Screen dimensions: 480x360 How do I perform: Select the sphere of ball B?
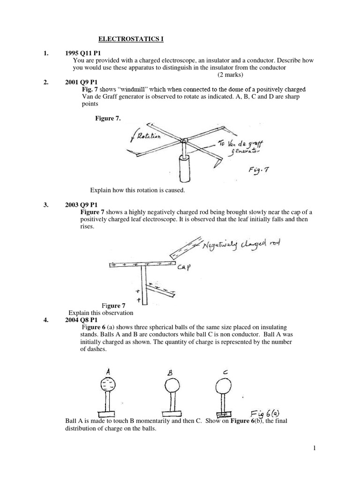click(x=171, y=387)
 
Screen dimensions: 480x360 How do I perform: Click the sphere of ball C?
click(x=224, y=386)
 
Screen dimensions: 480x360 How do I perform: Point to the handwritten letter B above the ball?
click(x=171, y=373)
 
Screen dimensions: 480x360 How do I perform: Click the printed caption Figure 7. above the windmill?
click(x=108, y=119)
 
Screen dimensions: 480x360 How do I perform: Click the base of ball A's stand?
click(x=109, y=412)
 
